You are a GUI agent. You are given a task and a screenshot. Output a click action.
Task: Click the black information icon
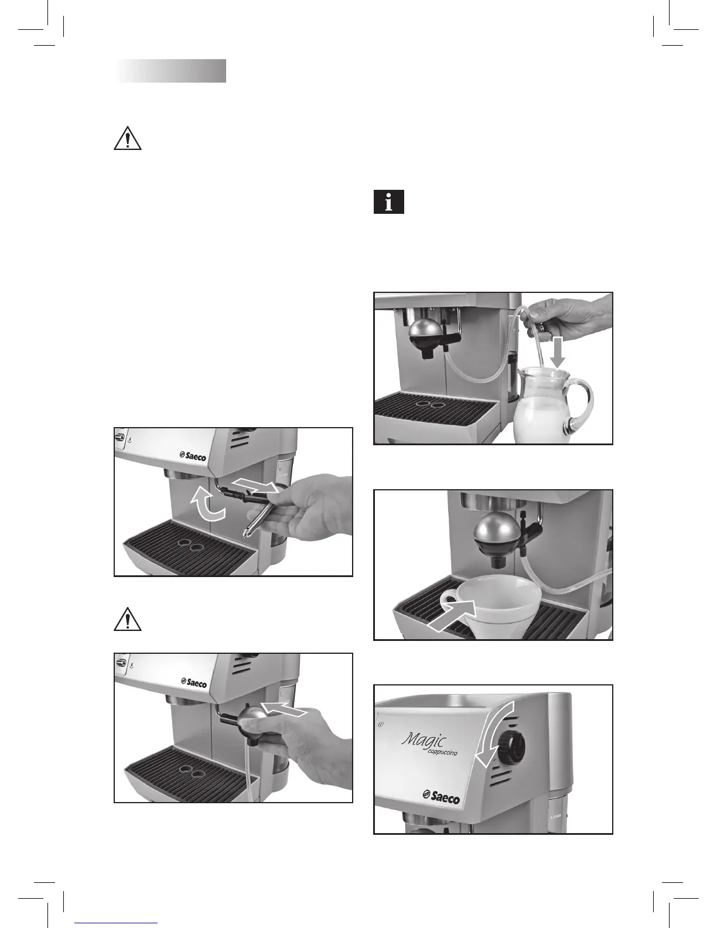pos(388,203)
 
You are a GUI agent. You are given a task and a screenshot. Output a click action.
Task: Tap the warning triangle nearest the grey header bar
pos(127,139)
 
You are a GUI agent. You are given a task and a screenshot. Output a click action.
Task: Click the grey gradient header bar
pos(171,71)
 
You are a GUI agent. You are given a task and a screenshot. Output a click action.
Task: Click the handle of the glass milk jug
pos(581,404)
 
